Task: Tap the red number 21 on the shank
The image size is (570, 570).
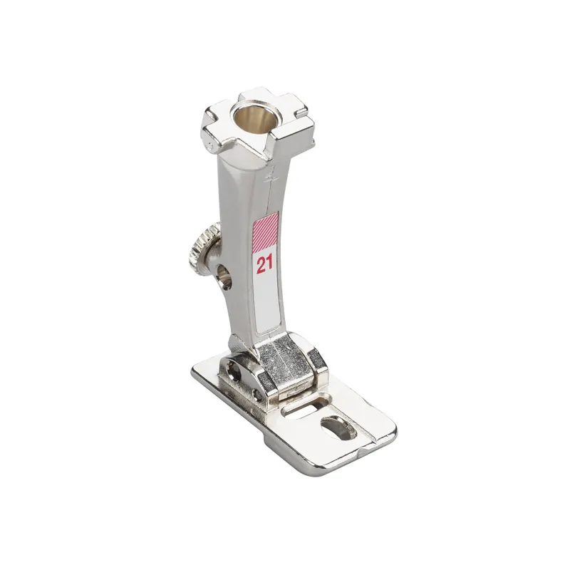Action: (264, 265)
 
